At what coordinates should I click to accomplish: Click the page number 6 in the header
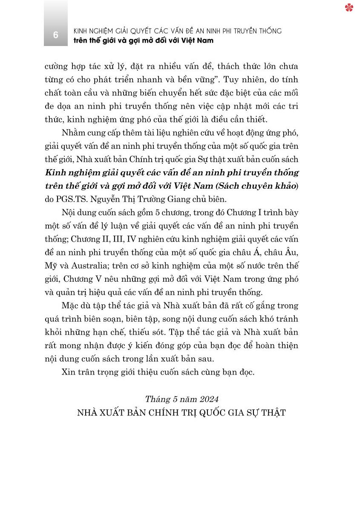(56, 35)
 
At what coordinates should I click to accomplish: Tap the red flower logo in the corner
(349, 8)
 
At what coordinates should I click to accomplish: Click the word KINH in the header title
(82, 31)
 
